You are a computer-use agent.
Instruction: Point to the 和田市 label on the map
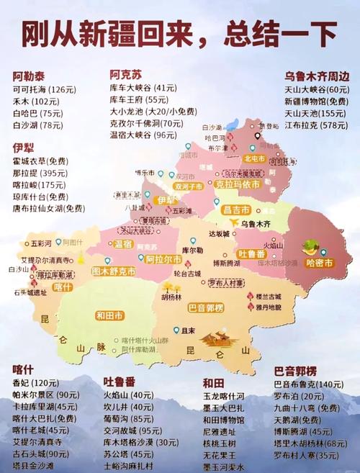pyautogui.click(x=111, y=315)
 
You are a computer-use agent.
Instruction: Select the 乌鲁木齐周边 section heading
pyautogui.click(x=316, y=75)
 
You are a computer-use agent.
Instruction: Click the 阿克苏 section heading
pyautogui.click(x=126, y=74)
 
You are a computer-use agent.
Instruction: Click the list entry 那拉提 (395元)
pyautogui.click(x=39, y=174)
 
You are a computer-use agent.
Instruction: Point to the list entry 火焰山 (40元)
pyautogui.click(x=127, y=395)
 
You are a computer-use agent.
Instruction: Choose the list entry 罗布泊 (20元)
pyautogui.click(x=299, y=396)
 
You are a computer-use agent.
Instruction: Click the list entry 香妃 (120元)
pyautogui.click(x=35, y=382)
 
